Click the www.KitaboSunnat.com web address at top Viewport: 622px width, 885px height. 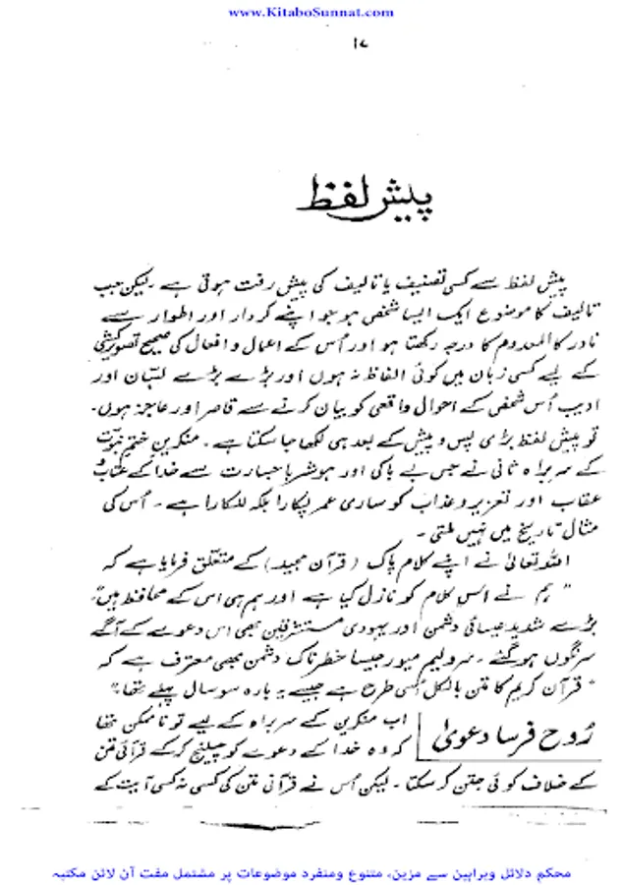pyautogui.click(x=310, y=12)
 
